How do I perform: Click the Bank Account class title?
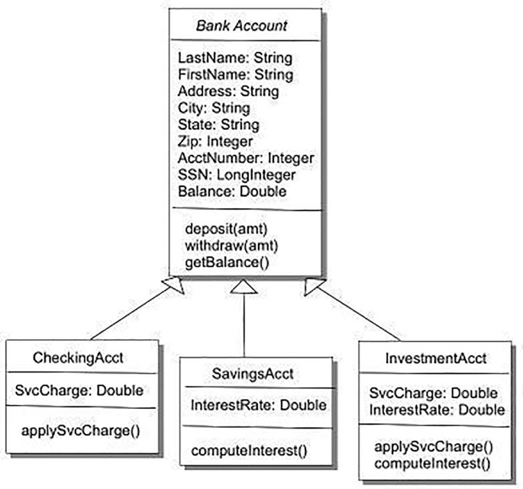coord(241,26)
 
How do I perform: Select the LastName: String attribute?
coord(234,58)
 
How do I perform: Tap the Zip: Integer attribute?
coord(215,141)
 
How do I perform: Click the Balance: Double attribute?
coord(231,191)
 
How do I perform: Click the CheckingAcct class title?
coord(79,358)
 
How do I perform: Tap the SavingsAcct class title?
coord(249,373)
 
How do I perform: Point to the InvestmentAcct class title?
coord(437,358)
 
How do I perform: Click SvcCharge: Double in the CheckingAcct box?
coord(79,391)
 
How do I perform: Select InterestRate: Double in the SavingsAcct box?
coord(248,406)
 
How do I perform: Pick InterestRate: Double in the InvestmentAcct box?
coord(436,410)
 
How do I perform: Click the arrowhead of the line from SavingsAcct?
coord(242,287)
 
